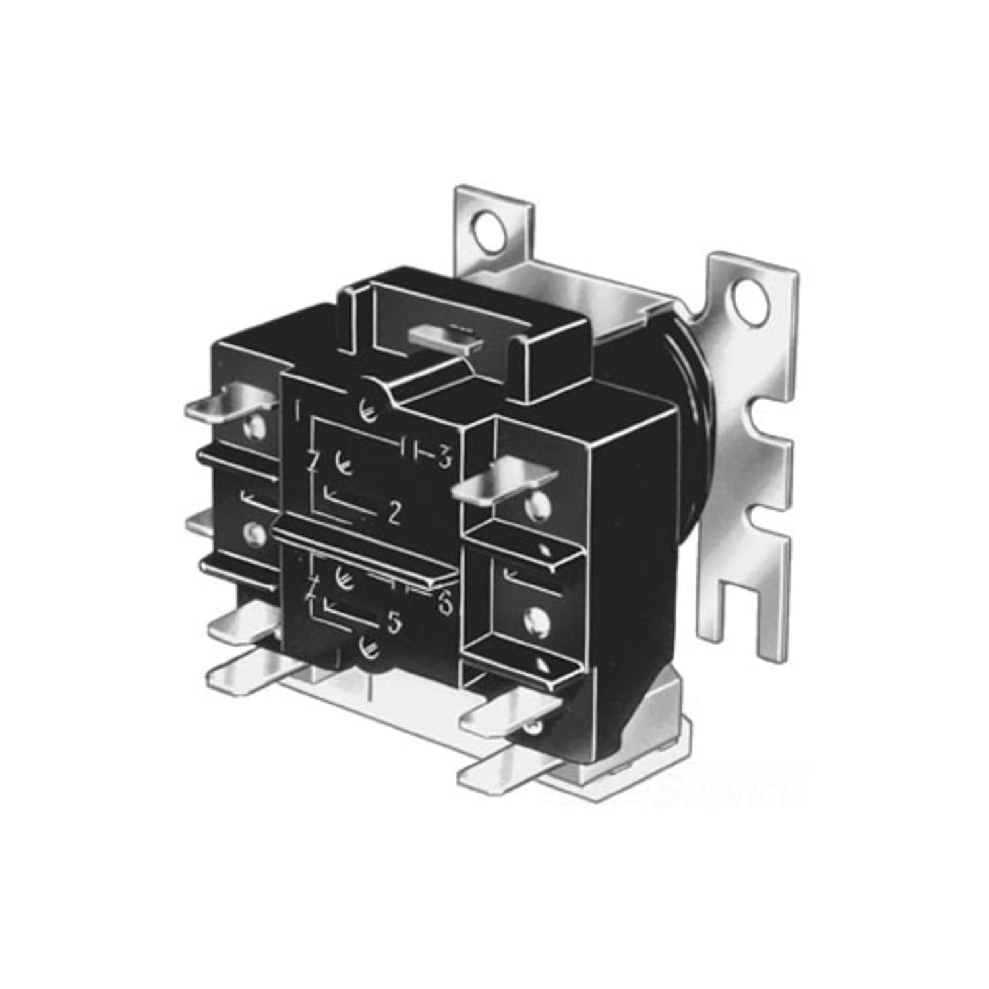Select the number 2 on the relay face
(x=394, y=514)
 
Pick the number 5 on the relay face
(x=393, y=624)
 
